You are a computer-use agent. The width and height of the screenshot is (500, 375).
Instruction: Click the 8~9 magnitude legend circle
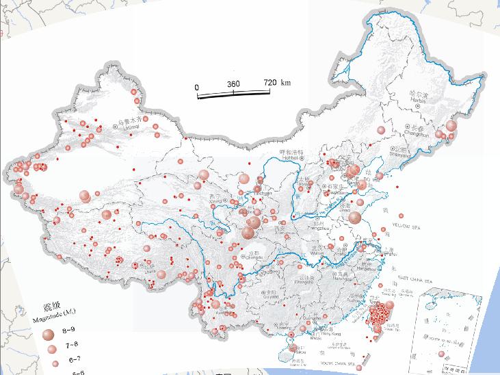48,335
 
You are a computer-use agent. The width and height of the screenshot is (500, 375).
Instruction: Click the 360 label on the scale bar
233,83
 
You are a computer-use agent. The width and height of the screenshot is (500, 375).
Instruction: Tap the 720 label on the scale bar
270,83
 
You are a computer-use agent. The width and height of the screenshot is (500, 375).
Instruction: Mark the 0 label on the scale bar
197,87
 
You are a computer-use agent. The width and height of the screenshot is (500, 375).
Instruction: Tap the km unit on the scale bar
285,83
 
